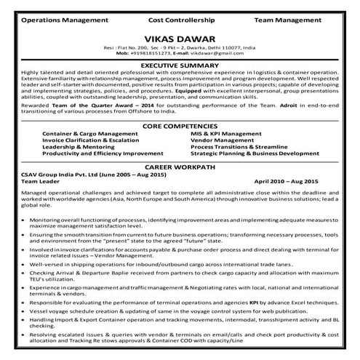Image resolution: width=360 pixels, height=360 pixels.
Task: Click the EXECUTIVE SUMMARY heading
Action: click(x=180, y=65)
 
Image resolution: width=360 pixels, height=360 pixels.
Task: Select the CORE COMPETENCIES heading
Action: click(x=180, y=127)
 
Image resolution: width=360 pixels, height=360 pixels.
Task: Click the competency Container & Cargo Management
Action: click(x=89, y=135)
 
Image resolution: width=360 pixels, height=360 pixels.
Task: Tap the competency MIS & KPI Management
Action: click(x=225, y=135)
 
